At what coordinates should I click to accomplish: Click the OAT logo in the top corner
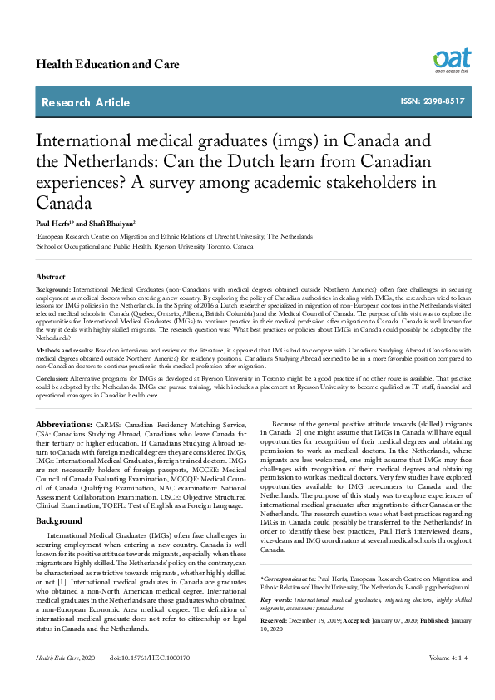[x=451, y=60]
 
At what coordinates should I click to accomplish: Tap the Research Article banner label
[x=87, y=102]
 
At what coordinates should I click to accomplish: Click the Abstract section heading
[x=50, y=276]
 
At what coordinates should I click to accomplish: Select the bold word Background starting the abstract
[x=53, y=290]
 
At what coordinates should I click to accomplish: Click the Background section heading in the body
[x=59, y=520]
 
